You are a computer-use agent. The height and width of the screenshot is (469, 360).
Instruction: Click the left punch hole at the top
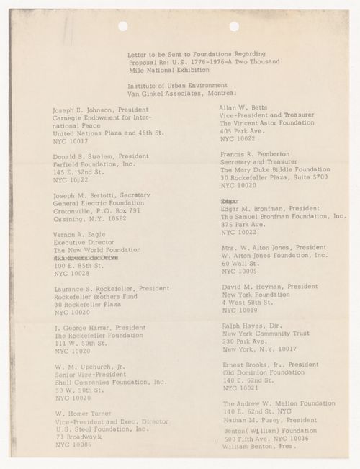tap(122, 26)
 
